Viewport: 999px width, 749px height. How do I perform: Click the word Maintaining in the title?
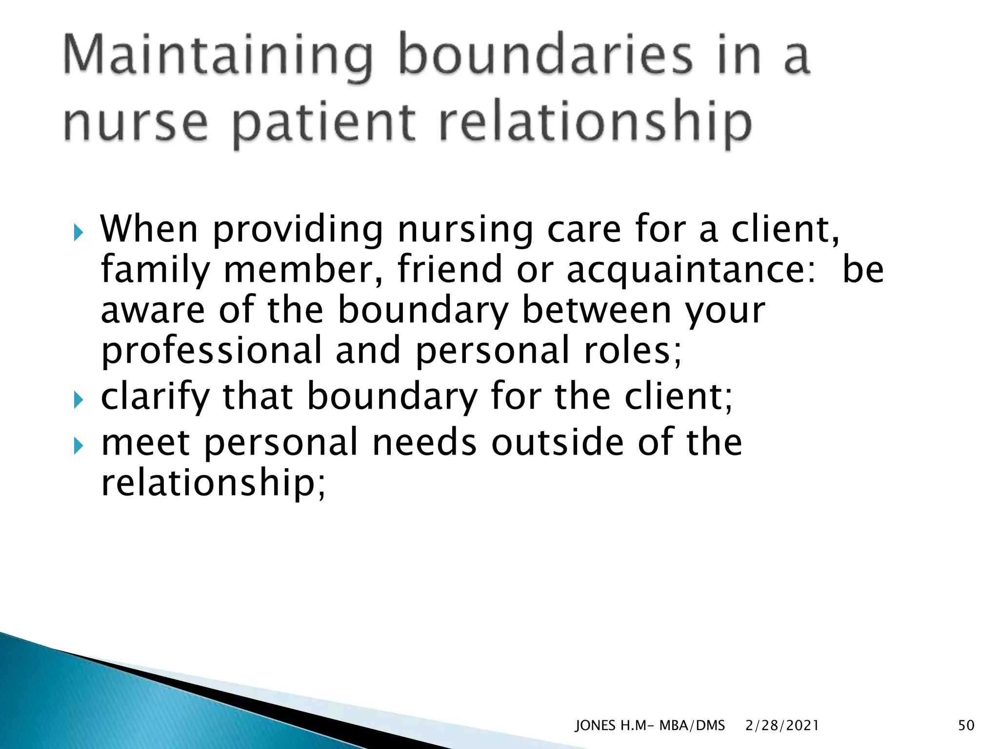pos(218,57)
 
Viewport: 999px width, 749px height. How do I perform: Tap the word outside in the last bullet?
pos(557,442)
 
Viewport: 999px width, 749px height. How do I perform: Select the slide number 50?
pos(966,726)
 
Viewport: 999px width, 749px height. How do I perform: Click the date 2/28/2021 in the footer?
pos(782,726)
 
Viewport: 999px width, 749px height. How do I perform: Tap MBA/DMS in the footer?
pos(692,726)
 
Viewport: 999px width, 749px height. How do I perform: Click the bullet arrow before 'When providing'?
pos(79,233)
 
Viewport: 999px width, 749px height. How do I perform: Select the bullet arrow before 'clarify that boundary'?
pos(79,400)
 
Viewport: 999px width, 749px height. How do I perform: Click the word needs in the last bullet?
pos(424,442)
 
